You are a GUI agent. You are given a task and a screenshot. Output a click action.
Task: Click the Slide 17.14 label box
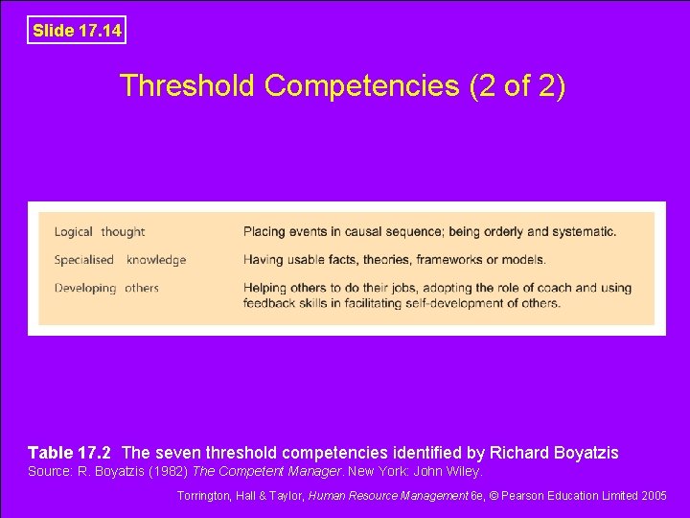coord(77,31)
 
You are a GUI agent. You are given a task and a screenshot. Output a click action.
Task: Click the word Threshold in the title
coord(188,86)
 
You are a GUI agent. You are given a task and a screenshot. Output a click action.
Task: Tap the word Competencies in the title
coord(363,86)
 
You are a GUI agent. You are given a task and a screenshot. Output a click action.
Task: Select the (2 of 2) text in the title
coord(518,86)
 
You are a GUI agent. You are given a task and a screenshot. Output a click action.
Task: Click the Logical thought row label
coord(100,231)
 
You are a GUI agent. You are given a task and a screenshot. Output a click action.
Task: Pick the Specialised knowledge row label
coord(120,260)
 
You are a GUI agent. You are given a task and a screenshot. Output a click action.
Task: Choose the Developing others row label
coord(106,288)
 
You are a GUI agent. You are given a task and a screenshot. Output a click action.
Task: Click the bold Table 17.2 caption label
coord(70,453)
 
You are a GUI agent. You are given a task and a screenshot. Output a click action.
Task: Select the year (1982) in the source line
coord(166,472)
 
